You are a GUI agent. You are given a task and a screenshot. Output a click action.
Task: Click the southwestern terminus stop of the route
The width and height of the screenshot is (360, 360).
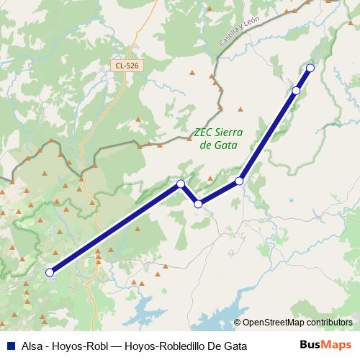(50, 272)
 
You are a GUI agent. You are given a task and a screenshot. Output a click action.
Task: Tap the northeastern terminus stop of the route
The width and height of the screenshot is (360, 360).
(310, 68)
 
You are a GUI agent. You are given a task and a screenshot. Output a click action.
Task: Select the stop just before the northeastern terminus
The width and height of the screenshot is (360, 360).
(297, 91)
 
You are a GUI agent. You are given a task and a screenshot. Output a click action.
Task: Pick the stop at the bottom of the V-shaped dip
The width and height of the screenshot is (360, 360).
(198, 204)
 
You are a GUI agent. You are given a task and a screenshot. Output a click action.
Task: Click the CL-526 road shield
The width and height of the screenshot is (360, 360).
(126, 66)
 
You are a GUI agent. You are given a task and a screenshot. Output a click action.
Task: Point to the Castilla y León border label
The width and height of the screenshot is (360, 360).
(240, 32)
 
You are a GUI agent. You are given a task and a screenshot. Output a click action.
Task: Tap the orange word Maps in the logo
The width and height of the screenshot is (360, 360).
(336, 345)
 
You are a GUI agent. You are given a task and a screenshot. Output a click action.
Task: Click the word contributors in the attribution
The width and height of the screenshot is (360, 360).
(330, 323)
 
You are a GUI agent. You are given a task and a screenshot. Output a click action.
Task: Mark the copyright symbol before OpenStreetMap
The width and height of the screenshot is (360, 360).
(237, 323)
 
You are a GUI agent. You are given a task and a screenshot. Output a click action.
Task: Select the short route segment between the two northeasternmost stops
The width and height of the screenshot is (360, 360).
(303, 79)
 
